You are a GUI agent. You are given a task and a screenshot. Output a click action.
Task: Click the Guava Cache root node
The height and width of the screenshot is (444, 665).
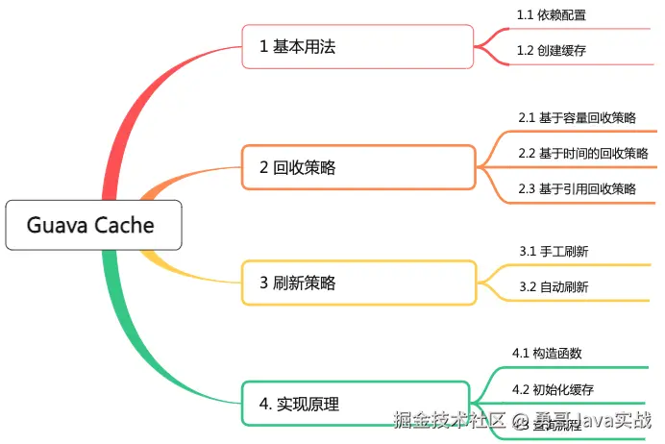click(89, 227)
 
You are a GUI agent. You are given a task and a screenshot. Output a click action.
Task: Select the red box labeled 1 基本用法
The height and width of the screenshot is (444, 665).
click(357, 46)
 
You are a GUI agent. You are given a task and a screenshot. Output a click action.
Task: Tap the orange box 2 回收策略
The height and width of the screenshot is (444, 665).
click(357, 167)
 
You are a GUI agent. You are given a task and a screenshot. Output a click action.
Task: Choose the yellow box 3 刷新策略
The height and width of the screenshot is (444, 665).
click(357, 283)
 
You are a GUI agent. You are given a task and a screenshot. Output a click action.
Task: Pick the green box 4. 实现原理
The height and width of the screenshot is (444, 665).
click(353, 405)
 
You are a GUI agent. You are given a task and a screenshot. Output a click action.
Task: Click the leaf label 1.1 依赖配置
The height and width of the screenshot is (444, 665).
click(552, 15)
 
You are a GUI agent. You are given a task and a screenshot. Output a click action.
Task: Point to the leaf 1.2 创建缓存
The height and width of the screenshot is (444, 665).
click(552, 51)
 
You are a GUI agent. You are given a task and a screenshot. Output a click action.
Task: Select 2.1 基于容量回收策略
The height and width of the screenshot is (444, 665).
click(577, 117)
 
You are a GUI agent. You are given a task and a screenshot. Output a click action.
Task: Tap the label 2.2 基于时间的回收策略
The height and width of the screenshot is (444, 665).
click(582, 153)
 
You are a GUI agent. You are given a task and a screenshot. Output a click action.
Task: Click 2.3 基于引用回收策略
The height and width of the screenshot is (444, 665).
click(577, 188)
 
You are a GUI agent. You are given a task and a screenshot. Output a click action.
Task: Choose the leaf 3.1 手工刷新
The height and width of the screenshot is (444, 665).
click(554, 251)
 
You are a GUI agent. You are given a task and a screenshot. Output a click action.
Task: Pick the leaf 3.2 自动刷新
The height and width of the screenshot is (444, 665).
click(554, 286)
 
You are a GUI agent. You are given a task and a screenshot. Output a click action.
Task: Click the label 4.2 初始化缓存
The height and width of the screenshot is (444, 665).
click(553, 389)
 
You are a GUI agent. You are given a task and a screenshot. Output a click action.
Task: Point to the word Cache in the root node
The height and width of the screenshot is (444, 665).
click(123, 227)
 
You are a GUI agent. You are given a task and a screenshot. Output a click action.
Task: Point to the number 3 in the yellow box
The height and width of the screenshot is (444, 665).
click(263, 283)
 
